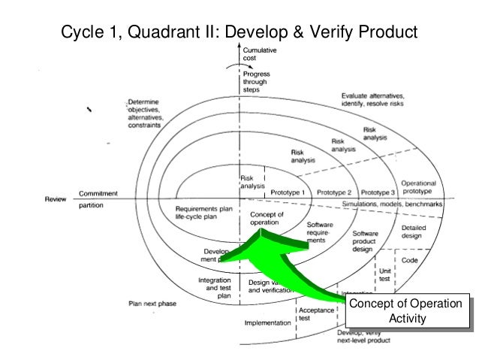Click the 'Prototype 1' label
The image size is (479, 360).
[288, 192]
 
